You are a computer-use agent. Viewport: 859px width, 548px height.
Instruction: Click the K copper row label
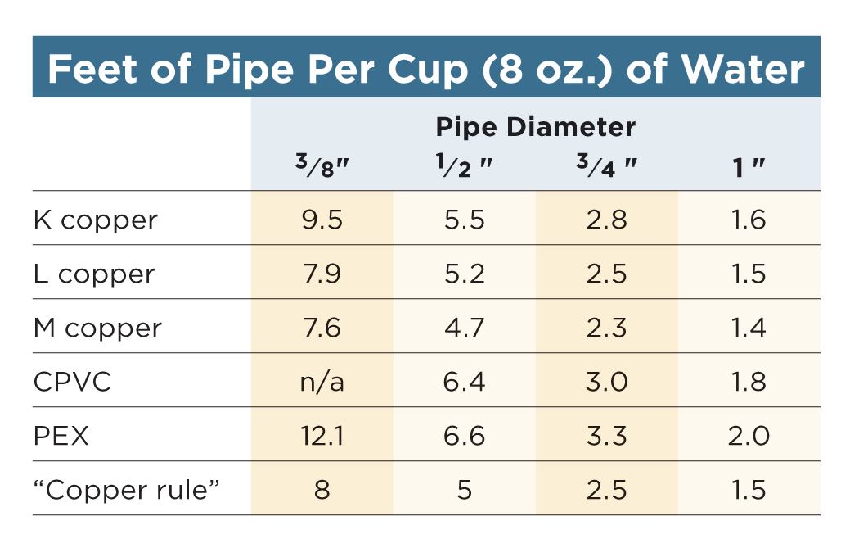[x=96, y=220]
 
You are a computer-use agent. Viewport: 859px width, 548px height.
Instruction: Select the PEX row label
[x=61, y=436]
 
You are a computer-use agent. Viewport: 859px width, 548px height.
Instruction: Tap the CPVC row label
[x=73, y=382]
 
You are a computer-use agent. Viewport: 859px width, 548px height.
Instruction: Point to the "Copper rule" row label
[x=128, y=490]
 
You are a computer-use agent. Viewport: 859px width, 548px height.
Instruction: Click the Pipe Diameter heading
[x=535, y=127]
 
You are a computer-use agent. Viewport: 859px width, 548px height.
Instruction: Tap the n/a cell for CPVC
[x=322, y=382]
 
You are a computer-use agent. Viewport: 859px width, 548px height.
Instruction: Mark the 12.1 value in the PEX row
[x=322, y=436]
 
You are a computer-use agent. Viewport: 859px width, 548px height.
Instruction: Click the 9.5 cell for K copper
[x=322, y=220]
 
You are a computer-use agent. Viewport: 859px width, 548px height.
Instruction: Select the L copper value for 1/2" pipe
[x=464, y=274]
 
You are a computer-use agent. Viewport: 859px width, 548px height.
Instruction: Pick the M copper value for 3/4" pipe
[x=606, y=328]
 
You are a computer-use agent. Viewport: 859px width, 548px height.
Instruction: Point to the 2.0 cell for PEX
[x=748, y=436]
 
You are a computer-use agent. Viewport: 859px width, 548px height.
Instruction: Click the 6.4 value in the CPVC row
[x=464, y=382]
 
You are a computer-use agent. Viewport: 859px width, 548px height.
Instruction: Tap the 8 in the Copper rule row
[x=322, y=490]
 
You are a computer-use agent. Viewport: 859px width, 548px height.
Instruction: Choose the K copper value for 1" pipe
[x=748, y=220]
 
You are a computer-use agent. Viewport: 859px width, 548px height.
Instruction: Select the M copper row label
[x=98, y=328]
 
